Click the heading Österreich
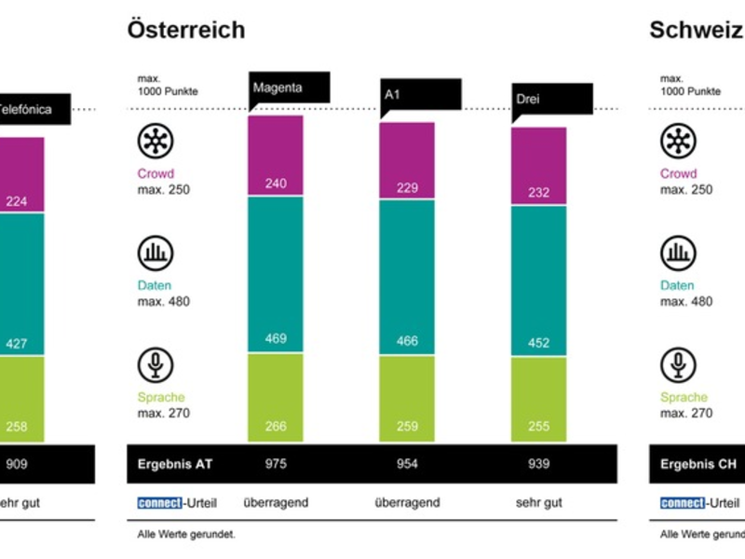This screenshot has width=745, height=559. tap(186, 30)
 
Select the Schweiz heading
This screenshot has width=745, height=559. tap(695, 30)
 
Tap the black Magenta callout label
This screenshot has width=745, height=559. tap(288, 89)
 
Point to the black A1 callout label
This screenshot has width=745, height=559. tap(420, 95)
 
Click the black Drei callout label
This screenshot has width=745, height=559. tap(553, 100)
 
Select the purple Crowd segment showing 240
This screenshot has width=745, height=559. tap(276, 156)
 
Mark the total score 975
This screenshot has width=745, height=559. tap(276, 464)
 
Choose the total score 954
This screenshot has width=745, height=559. tap(407, 464)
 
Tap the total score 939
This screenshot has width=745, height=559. tap(539, 464)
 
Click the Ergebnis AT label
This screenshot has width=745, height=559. tap(171, 464)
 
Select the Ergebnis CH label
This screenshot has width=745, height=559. tap(693, 464)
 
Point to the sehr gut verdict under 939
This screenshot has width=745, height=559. tap(539, 503)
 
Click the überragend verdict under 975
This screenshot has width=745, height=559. tap(276, 503)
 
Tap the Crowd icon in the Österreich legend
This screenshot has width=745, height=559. tap(156, 141)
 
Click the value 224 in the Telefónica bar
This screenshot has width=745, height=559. tap(17, 199)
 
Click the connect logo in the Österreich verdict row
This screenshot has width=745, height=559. tap(159, 503)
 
